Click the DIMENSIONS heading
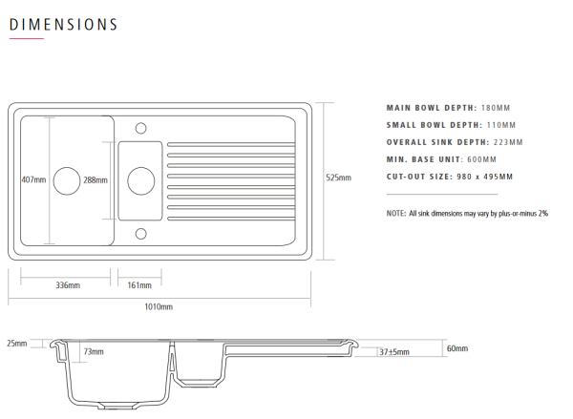(x=63, y=25)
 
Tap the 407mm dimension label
(x=33, y=179)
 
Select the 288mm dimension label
(x=95, y=180)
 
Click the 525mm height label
(x=338, y=178)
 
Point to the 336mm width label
(x=68, y=285)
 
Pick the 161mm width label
(x=139, y=285)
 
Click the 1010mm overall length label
(x=159, y=306)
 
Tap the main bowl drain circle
(x=67, y=180)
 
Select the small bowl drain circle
(x=141, y=180)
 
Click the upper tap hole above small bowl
(x=141, y=128)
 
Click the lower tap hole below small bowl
(x=141, y=234)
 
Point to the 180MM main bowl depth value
(x=496, y=108)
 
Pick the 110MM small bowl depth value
(x=501, y=125)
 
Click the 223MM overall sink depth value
(x=508, y=142)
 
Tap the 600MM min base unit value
(x=481, y=159)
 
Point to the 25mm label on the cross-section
(x=17, y=344)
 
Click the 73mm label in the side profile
(x=94, y=352)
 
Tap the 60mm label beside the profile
(x=457, y=348)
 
